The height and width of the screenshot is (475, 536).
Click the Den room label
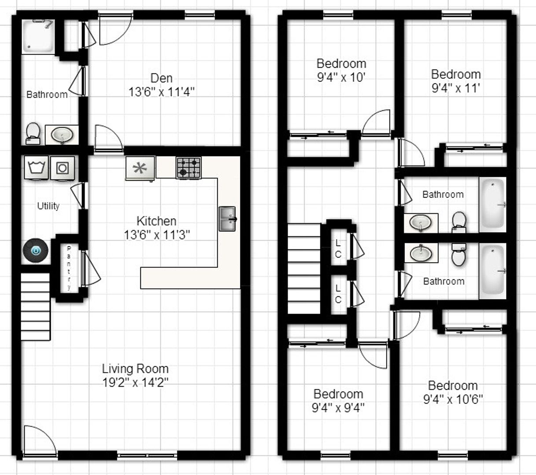(x=162, y=78)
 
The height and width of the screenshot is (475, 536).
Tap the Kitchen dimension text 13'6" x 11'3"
(x=157, y=235)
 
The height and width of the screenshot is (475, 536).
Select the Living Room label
(x=135, y=369)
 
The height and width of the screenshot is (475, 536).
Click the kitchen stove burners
(x=189, y=168)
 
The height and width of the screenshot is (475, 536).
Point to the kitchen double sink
(x=228, y=219)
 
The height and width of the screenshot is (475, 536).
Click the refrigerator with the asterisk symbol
(x=140, y=168)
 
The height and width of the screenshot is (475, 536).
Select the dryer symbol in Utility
(x=62, y=168)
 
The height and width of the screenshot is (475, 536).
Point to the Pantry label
(x=69, y=268)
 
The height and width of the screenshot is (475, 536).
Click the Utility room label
(x=48, y=206)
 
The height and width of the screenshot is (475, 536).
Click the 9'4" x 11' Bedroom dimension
(x=455, y=88)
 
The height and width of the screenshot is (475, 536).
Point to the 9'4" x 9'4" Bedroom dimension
(x=338, y=408)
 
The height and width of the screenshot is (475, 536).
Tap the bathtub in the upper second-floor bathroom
(x=492, y=205)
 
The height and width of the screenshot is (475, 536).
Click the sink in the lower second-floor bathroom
(x=421, y=253)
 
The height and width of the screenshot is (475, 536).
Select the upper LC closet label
(x=338, y=248)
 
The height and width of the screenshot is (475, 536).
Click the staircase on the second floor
(x=304, y=269)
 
